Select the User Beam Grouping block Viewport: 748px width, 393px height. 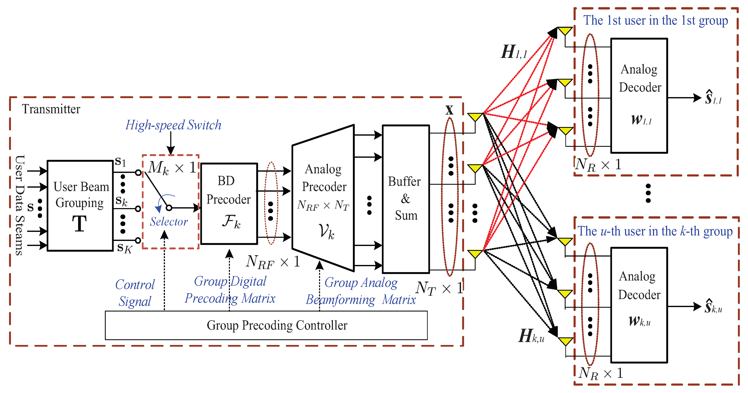pos(80,205)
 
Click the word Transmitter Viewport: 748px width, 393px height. pos(51,109)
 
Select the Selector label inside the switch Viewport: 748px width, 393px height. pos(169,222)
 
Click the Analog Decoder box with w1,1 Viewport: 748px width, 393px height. pos(639,95)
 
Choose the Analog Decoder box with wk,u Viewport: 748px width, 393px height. pos(639,305)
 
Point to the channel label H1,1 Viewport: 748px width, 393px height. pos(513,52)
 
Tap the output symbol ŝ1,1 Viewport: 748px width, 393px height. pos(713,98)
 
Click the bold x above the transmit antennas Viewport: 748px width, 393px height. pos(449,110)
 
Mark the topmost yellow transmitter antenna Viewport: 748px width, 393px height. pos(475,117)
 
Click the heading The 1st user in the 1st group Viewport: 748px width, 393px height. pos(656,20)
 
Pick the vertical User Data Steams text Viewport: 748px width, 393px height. pos(20,205)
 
